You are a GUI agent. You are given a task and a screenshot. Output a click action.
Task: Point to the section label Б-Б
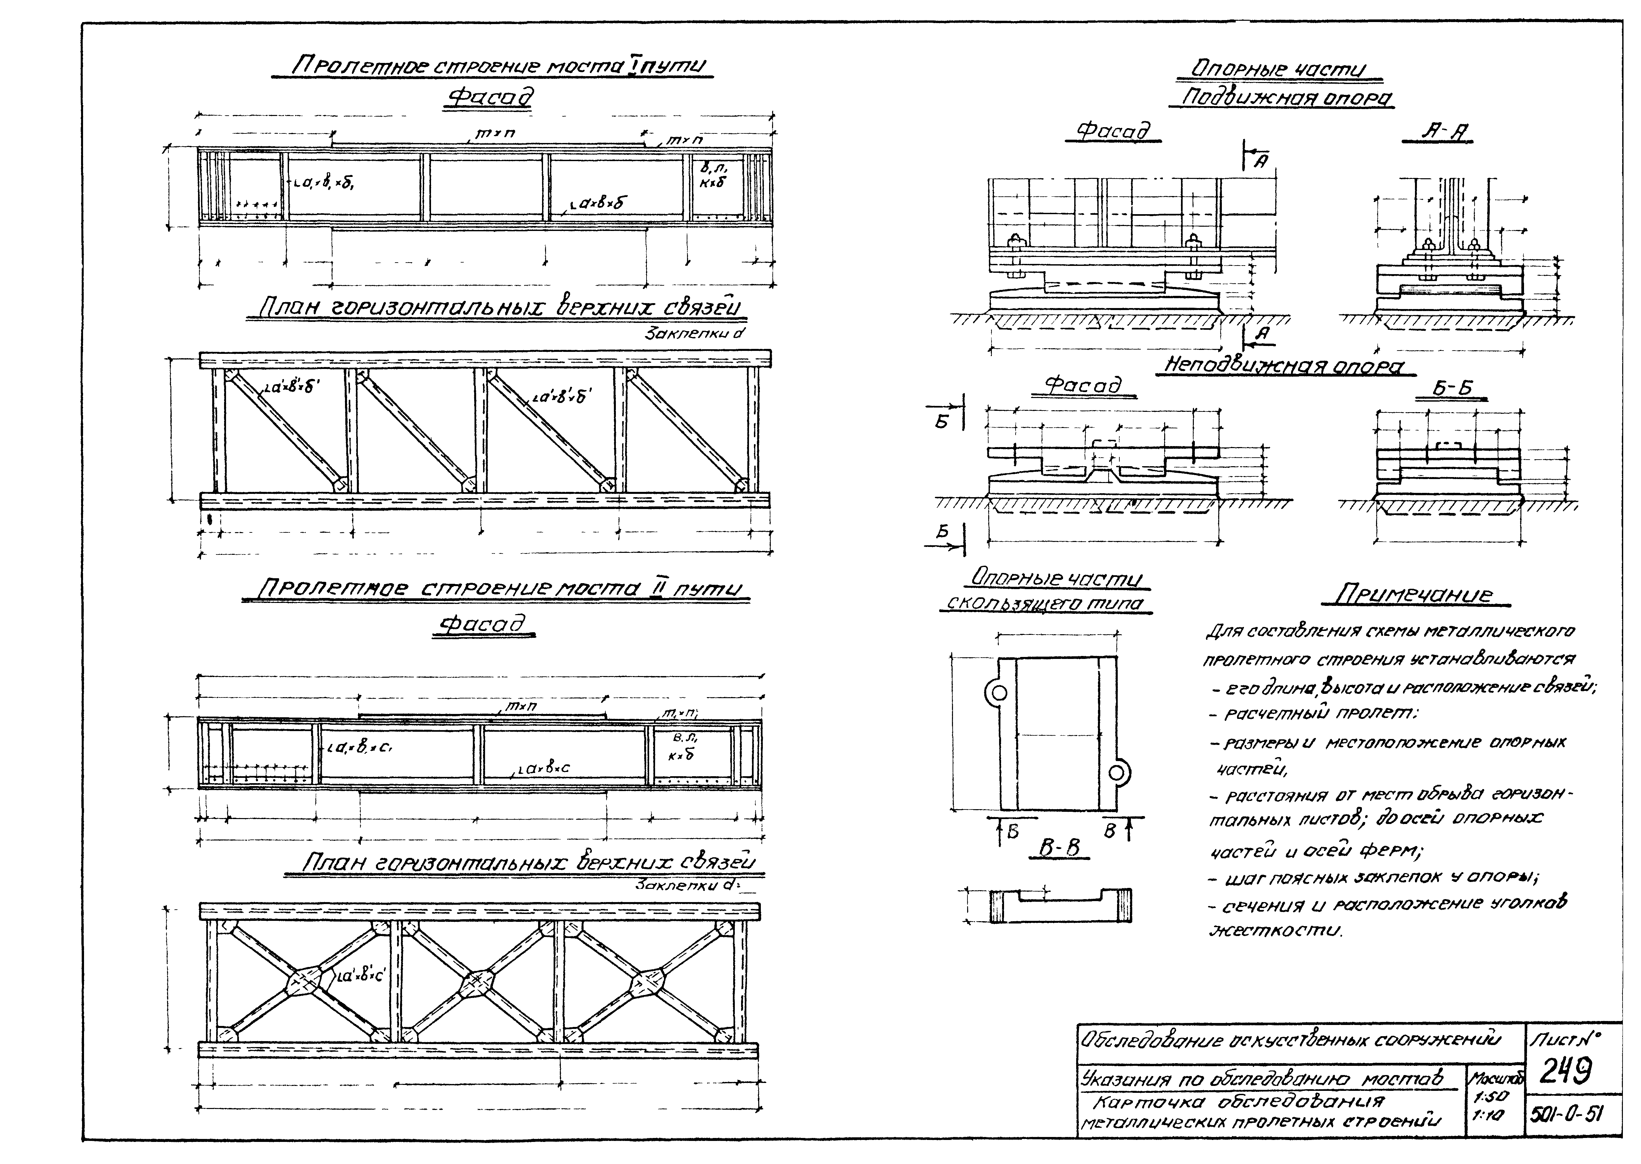point(1453,388)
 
